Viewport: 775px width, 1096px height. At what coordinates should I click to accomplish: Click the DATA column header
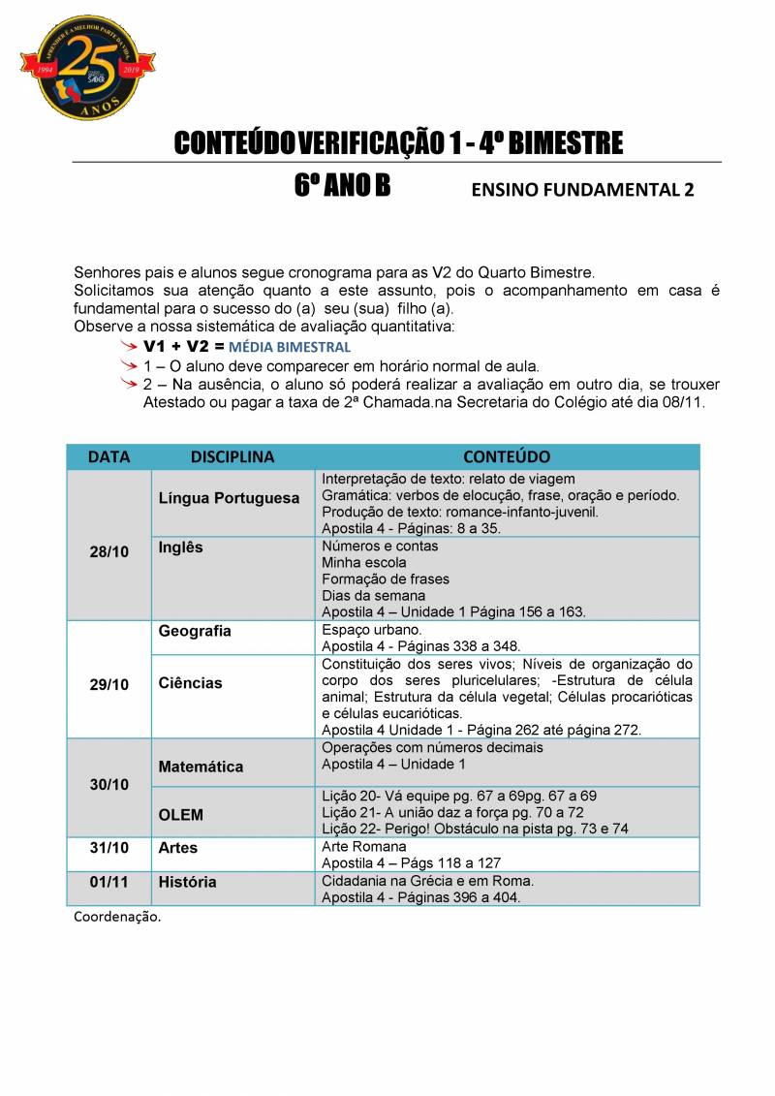tap(108, 456)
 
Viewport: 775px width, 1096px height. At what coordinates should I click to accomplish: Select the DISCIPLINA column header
tap(232, 456)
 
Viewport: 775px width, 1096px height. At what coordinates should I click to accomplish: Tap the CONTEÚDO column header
tap(507, 456)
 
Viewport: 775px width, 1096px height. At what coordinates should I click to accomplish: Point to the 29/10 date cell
tap(108, 684)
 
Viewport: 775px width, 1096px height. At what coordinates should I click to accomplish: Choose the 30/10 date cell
tap(108, 784)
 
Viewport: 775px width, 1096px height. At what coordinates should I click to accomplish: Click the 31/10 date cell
tap(108, 848)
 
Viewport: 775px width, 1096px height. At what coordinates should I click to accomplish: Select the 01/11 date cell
tap(108, 883)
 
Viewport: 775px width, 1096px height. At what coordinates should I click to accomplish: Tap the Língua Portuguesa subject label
tap(229, 498)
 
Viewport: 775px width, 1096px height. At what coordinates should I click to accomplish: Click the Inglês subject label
tap(181, 548)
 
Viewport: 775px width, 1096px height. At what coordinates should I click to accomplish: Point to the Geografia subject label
tap(195, 631)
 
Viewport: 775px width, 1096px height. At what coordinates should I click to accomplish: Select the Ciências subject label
tap(190, 683)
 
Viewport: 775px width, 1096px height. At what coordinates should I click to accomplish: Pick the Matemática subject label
tap(201, 767)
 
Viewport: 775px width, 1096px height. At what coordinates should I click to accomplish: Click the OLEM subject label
tap(181, 815)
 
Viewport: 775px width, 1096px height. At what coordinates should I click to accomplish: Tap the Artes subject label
tap(178, 848)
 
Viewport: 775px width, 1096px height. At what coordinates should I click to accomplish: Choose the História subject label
tap(187, 883)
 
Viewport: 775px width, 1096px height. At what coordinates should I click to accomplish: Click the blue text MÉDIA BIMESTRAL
tap(290, 347)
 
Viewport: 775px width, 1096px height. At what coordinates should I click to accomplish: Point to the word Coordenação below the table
tap(117, 917)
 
